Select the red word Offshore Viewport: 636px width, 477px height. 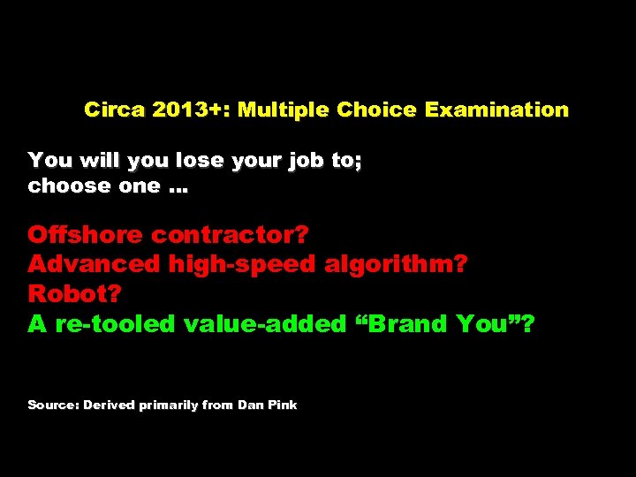point(85,235)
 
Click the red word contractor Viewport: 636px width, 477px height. point(231,236)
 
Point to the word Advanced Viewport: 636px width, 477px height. point(94,264)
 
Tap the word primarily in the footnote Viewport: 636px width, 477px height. point(169,405)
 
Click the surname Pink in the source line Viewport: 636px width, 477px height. point(283,405)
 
